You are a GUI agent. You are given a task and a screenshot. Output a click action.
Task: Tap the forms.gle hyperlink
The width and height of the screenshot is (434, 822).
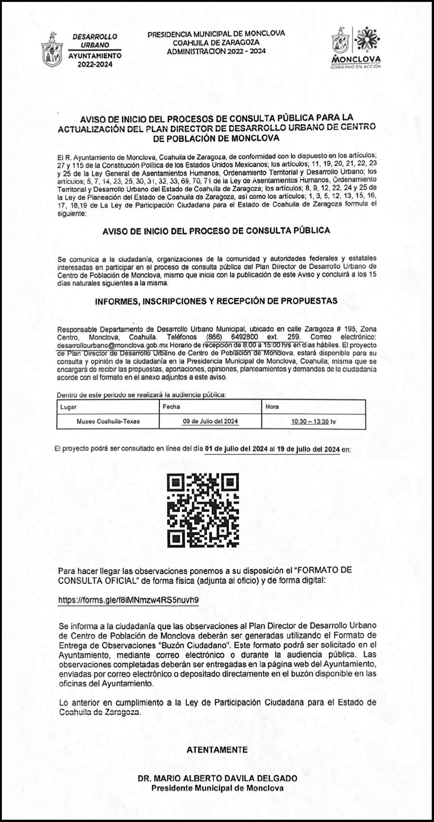(x=128, y=600)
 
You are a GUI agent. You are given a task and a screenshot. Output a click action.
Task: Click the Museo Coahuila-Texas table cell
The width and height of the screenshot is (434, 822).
(x=108, y=421)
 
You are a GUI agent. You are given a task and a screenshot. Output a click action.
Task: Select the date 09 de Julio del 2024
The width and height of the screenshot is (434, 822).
(x=210, y=421)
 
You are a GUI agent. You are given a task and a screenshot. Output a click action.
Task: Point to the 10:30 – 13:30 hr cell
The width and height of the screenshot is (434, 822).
(x=314, y=421)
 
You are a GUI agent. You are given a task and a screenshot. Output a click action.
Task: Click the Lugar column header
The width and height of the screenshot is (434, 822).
(x=68, y=407)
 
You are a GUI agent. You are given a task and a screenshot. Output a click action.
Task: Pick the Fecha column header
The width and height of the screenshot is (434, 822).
(x=171, y=407)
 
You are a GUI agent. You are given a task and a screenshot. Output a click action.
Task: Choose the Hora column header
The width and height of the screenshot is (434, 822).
(x=272, y=407)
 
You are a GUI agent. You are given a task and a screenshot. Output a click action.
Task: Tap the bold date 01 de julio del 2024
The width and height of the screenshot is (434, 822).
(x=236, y=449)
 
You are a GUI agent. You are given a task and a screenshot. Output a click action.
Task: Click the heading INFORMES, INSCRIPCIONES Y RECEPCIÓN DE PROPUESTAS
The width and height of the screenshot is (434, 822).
(x=216, y=301)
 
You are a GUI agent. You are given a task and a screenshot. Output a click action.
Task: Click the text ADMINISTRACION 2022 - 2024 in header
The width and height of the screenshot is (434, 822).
(x=216, y=51)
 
